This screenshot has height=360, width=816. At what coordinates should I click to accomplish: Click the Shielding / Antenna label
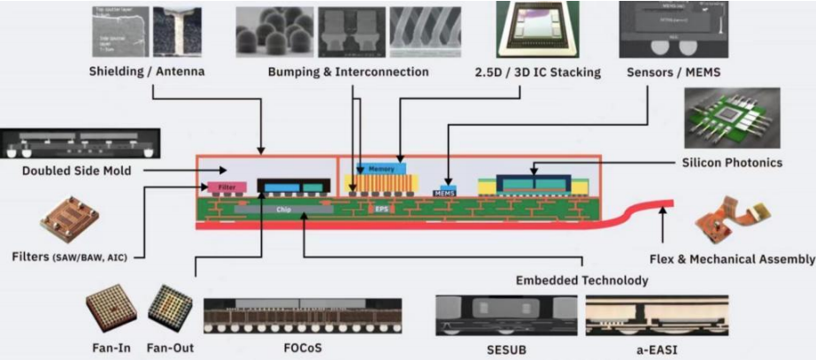(148, 71)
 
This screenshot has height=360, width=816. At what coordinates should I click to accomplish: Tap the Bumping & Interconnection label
(348, 72)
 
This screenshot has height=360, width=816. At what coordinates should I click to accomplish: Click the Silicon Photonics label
(732, 163)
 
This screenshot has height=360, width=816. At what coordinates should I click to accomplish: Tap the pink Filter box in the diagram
(227, 188)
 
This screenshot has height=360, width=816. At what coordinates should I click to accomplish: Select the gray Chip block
(283, 211)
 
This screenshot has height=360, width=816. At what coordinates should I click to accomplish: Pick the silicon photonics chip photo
(732, 118)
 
